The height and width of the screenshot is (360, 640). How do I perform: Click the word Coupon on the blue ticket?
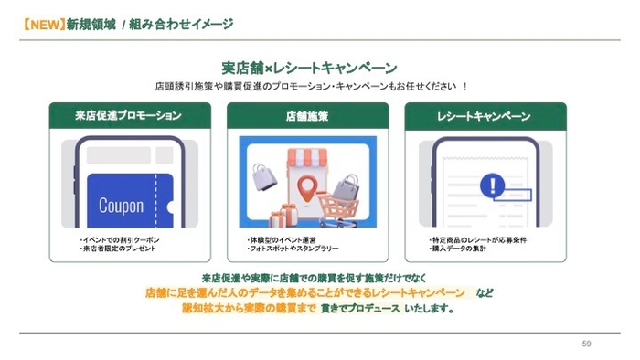tap(121, 206)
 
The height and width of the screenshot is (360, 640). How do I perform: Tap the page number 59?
tap(586, 344)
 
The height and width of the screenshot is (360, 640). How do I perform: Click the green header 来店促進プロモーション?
tap(128, 117)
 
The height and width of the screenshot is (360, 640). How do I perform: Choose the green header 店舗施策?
tap(307, 117)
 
